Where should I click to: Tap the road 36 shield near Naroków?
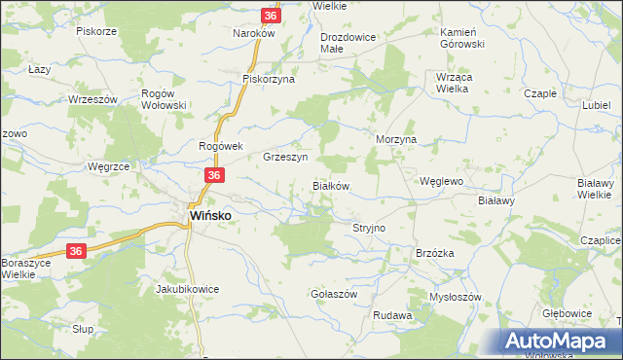pos(272,16)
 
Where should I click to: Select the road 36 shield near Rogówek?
pos(215,175)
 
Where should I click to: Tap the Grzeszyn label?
pos(285,157)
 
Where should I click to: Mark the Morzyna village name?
pos(396,139)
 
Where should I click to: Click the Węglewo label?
pos(440,181)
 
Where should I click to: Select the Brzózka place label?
pos(435,252)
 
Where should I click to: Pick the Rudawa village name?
pos(392,316)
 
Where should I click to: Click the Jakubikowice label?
pos(187,289)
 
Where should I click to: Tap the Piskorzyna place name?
pos(269,80)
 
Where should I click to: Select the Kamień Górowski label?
pos(460,38)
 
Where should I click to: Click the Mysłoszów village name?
pos(456,297)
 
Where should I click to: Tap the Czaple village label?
pos(540,93)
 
